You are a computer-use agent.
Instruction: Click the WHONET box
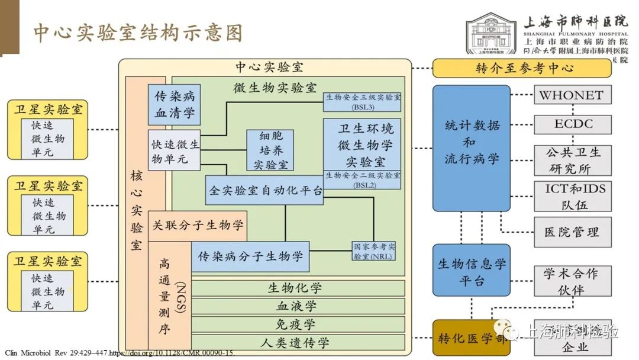pos(572,95)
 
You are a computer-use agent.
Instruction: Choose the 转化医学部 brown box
pos(471,338)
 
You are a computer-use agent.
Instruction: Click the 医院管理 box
pos(572,232)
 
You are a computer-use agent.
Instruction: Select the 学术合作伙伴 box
pos(572,281)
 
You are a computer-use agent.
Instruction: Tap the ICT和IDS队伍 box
pos(572,196)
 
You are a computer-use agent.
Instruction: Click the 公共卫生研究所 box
pos(572,160)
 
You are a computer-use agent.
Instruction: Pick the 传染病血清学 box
pos(174,105)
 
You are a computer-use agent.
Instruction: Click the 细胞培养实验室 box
pos(270,150)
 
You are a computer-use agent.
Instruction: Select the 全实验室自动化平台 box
pos(264,190)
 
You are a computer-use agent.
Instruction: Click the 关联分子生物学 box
pos(198,226)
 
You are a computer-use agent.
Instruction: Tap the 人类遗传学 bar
pos(298,342)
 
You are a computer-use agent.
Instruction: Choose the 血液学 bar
pos(298,306)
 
